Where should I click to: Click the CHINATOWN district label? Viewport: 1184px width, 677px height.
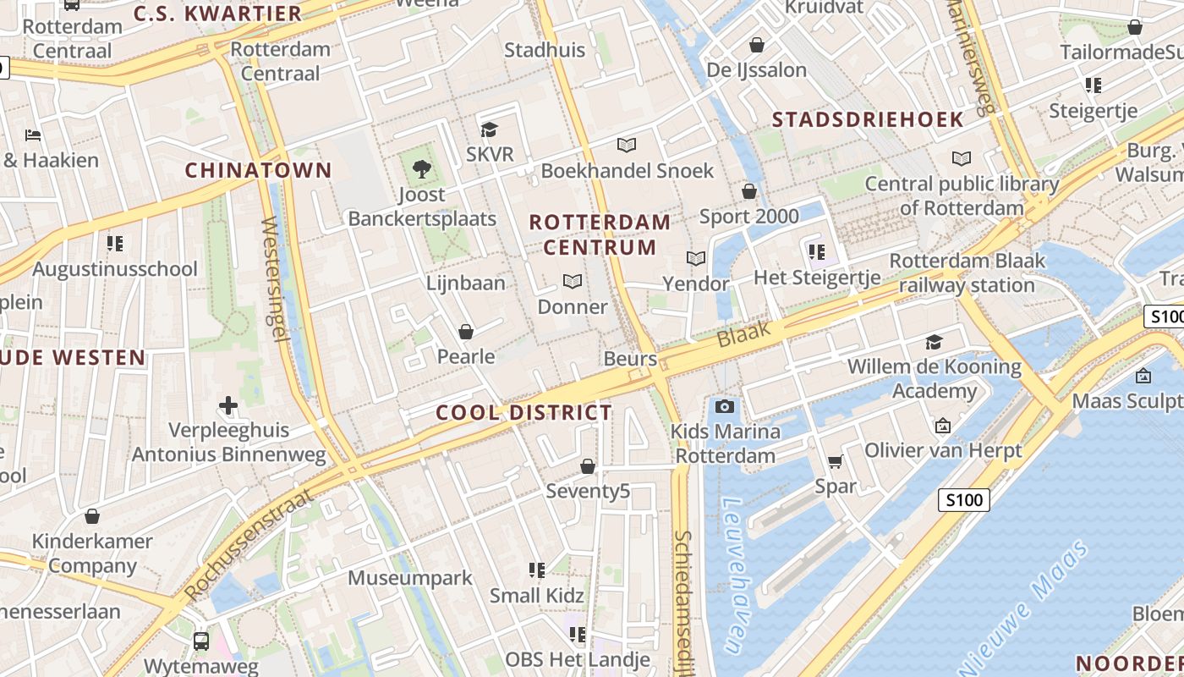(258, 170)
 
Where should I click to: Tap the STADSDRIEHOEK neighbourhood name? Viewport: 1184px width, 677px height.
(868, 119)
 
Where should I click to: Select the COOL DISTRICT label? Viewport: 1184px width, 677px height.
(523, 413)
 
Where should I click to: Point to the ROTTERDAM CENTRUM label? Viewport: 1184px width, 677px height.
(600, 234)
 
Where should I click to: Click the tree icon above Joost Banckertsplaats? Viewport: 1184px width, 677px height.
(421, 169)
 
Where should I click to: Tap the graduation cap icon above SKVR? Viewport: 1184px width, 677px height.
(489, 129)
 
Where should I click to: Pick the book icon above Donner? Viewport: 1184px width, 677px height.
(573, 281)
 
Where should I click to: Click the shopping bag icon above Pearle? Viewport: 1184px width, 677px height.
(465, 332)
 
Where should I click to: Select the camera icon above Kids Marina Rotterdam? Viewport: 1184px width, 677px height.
(723, 407)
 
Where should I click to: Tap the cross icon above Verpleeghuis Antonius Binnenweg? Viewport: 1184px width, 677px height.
(228, 405)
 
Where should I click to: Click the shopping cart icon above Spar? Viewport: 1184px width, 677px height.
(836, 461)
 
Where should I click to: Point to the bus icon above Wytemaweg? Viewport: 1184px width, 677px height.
(201, 641)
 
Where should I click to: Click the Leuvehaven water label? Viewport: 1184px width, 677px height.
(733, 575)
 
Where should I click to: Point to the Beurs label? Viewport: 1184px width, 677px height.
(630, 359)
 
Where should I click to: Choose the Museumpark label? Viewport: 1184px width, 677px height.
(410, 579)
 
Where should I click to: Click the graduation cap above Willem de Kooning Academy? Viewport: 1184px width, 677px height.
(934, 342)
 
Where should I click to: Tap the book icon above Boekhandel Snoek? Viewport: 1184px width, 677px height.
(626, 146)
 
